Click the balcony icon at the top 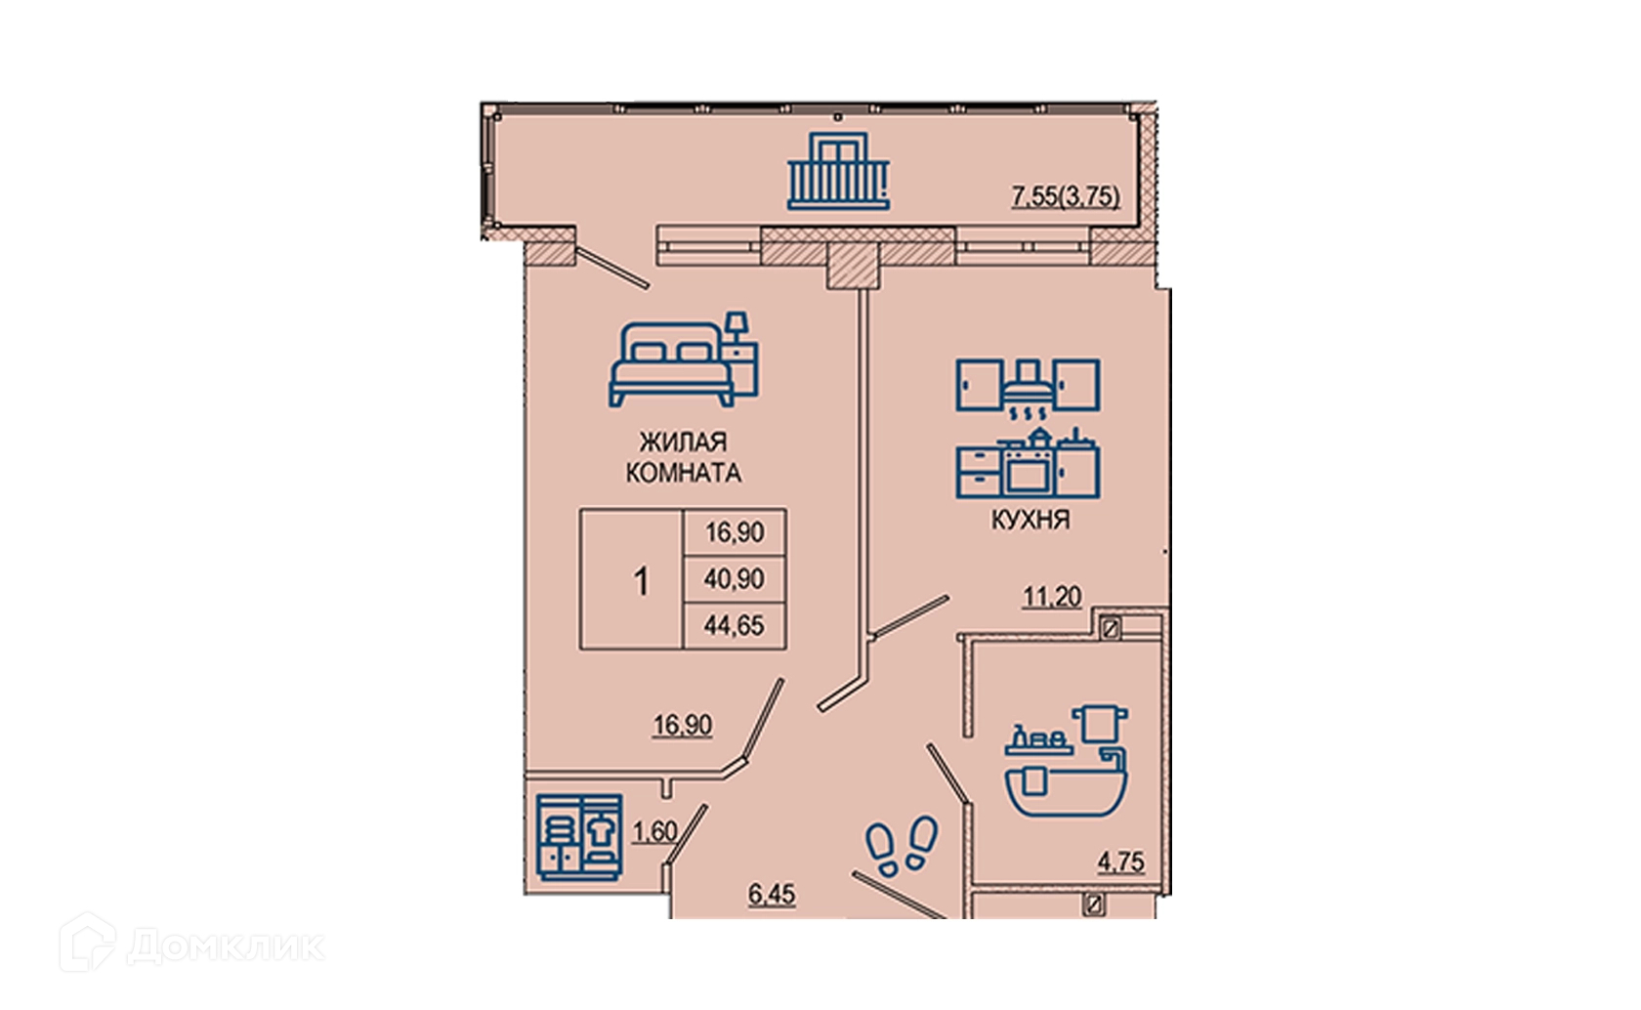pyautogui.click(x=839, y=171)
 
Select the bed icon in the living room pyautogui.click(x=684, y=358)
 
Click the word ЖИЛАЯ pyautogui.click(x=684, y=442)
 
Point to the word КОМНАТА pyautogui.click(x=684, y=473)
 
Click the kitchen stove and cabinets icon pyautogui.click(x=1028, y=428)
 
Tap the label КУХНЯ pyautogui.click(x=1031, y=520)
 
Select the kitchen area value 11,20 pyautogui.click(x=1052, y=598)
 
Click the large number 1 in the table pyautogui.click(x=641, y=582)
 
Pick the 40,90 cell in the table pyautogui.click(x=735, y=579)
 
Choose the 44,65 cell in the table pyautogui.click(x=735, y=626)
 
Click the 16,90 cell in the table pyautogui.click(x=735, y=532)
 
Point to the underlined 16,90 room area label pyautogui.click(x=683, y=726)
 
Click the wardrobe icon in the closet pyautogui.click(x=578, y=836)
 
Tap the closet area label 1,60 pyautogui.click(x=654, y=833)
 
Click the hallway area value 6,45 pyautogui.click(x=772, y=895)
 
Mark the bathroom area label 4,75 pyautogui.click(x=1121, y=863)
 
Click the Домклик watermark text pyautogui.click(x=227, y=947)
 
